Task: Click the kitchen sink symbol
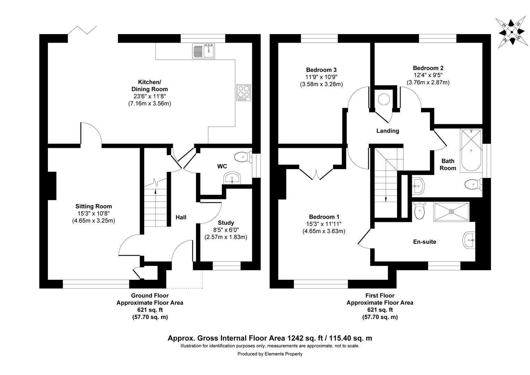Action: pyautogui.click(x=204, y=51)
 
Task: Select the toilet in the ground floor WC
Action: pyautogui.click(x=243, y=157)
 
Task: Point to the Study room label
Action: pyautogui.click(x=226, y=223)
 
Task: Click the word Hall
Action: pyautogui.click(x=181, y=217)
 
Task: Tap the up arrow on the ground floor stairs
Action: pyautogui.click(x=155, y=191)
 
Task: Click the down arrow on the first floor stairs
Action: pyautogui.click(x=386, y=198)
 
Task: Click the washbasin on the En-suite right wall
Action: pyautogui.click(x=469, y=240)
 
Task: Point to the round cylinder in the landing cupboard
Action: pyautogui.click(x=383, y=99)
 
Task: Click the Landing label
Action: pyautogui.click(x=388, y=131)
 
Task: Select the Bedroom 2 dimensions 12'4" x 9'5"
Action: pyautogui.click(x=428, y=75)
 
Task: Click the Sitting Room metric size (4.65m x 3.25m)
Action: pyautogui.click(x=94, y=220)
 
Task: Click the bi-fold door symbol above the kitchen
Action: pyautogui.click(x=82, y=31)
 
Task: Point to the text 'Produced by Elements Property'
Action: pyautogui.click(x=270, y=354)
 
